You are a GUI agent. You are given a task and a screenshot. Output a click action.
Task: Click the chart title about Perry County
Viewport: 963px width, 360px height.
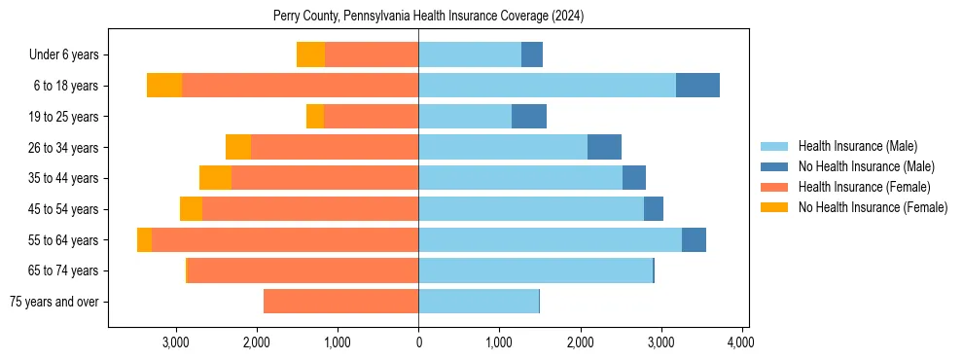(428, 17)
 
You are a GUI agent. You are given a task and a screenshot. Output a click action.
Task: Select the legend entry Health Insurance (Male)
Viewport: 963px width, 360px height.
(857, 146)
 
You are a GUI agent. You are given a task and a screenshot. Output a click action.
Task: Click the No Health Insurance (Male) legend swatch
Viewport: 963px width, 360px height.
(775, 166)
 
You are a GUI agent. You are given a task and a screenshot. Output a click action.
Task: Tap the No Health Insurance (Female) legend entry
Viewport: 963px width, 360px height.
(872, 207)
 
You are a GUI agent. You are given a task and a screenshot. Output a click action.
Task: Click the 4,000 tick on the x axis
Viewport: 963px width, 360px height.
(741, 342)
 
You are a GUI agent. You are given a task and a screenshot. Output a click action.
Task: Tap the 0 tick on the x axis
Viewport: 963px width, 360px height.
(418, 342)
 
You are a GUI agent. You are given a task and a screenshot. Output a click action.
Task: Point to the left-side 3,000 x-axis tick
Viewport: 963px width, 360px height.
(176, 342)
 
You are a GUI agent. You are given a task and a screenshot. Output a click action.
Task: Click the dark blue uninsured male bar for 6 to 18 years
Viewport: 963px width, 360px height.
(697, 86)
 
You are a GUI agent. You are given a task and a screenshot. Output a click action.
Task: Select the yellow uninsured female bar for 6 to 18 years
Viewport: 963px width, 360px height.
(164, 86)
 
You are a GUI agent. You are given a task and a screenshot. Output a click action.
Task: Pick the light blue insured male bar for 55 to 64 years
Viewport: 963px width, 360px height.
(550, 240)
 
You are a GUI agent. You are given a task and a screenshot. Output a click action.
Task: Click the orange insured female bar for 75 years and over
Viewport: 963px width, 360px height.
(340, 302)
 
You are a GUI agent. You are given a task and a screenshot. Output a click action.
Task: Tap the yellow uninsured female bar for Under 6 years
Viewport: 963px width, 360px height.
(310, 55)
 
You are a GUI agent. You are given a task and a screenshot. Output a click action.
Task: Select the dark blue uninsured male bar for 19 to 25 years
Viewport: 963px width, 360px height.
(529, 117)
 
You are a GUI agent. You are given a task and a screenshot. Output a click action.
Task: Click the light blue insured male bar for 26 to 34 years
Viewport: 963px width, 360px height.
(503, 148)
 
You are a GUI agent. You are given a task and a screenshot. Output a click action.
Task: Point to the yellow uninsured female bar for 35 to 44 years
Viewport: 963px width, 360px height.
(215, 178)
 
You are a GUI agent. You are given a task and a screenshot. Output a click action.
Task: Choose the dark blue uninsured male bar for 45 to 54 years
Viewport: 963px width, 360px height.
(654, 209)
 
